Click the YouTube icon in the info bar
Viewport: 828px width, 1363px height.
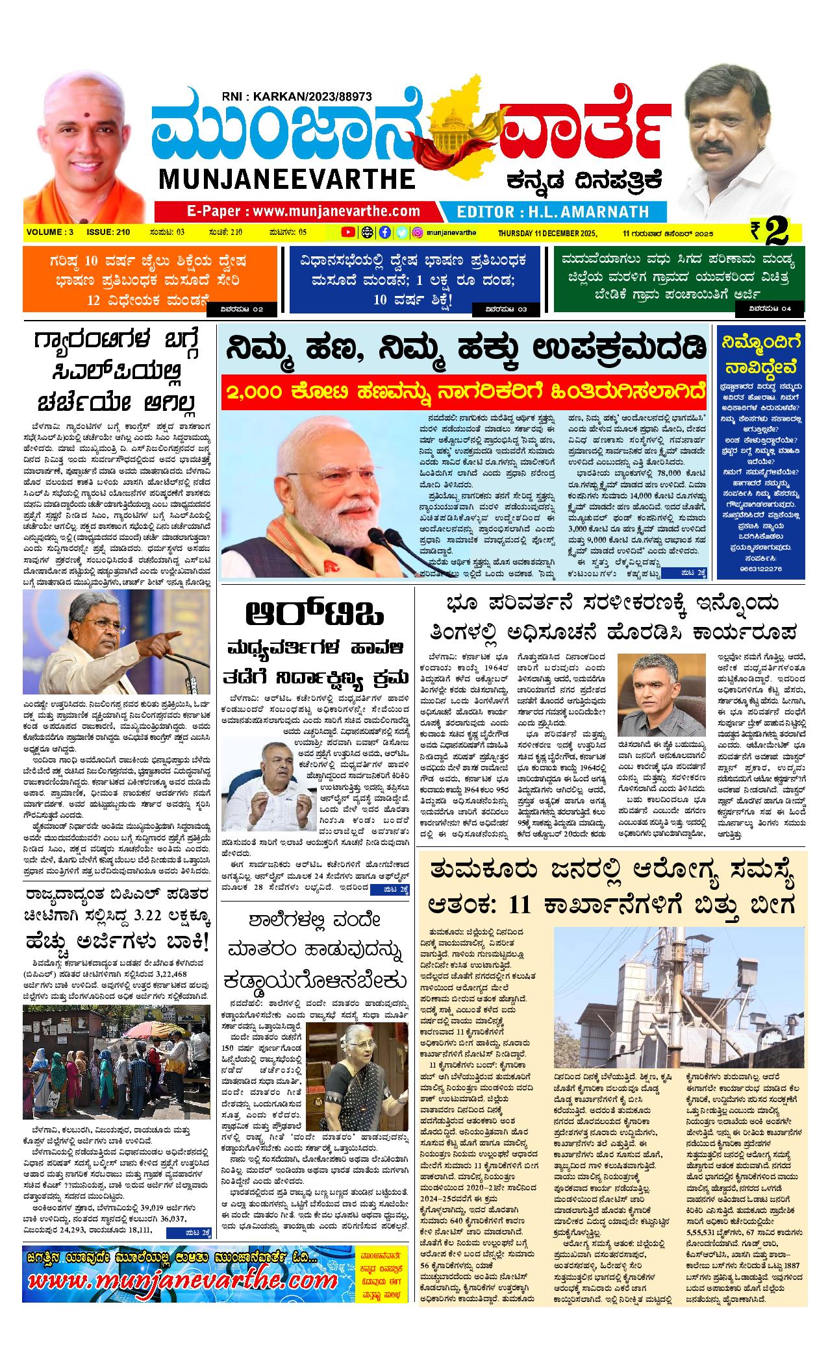tap(348, 232)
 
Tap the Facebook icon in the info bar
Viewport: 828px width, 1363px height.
tap(384, 232)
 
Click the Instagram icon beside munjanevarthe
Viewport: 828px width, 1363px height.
tap(419, 232)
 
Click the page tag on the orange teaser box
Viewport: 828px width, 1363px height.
tap(242, 309)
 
